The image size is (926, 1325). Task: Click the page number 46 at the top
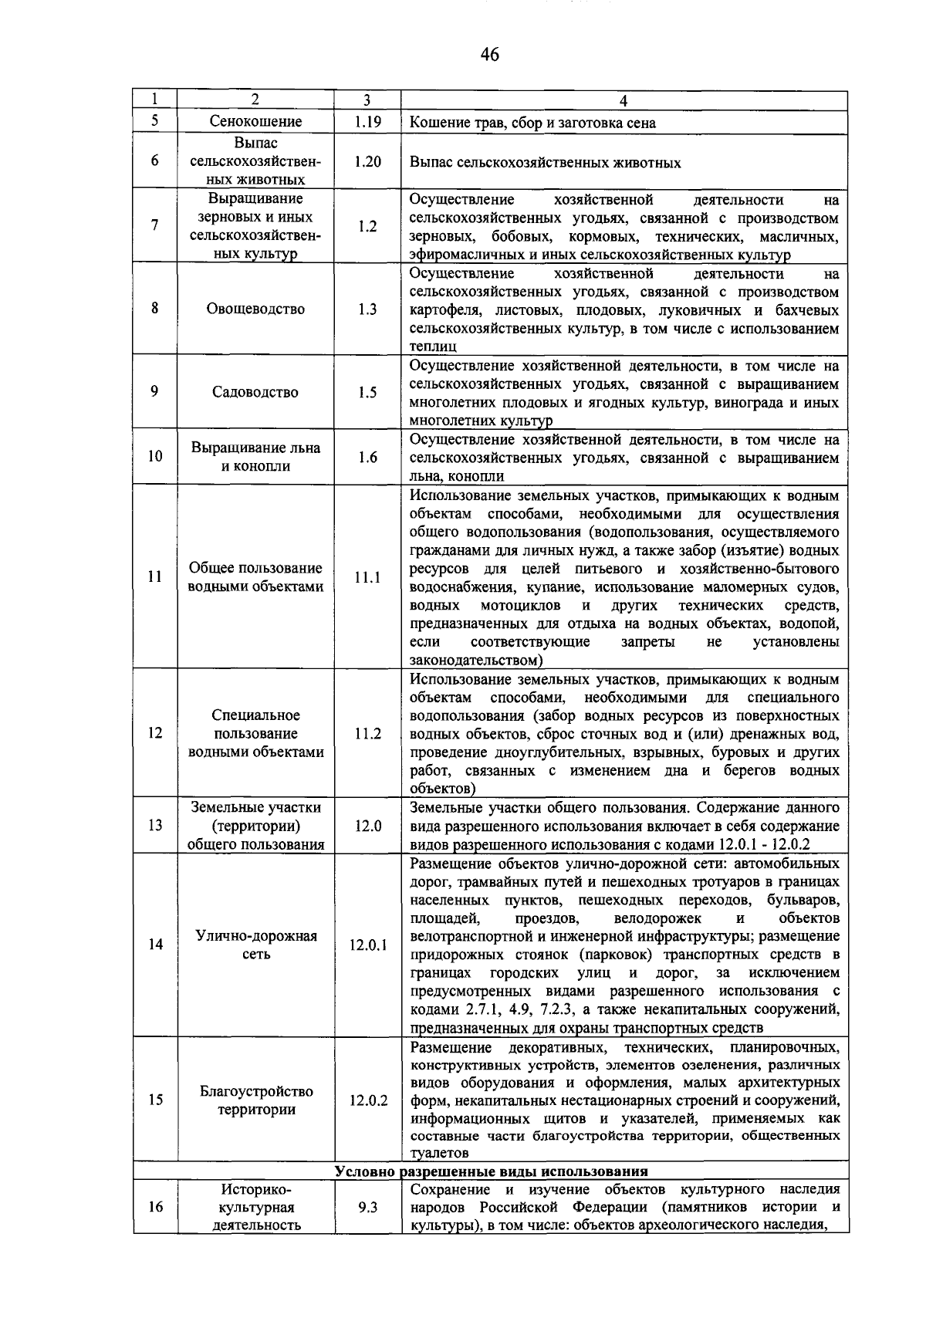(489, 54)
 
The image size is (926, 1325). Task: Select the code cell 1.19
(367, 122)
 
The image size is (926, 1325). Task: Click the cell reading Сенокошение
(256, 122)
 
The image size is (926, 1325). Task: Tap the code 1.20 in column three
(367, 162)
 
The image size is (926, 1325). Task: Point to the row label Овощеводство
(256, 309)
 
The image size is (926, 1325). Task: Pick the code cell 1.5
(367, 392)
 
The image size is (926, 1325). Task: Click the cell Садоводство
(256, 392)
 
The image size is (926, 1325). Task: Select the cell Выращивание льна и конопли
(256, 457)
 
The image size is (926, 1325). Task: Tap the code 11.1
(367, 577)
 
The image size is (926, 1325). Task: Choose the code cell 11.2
(367, 734)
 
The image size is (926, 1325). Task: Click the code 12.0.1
(367, 945)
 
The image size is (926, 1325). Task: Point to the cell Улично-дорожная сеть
(256, 945)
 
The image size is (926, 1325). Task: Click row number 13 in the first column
(155, 826)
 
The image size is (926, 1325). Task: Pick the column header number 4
(624, 100)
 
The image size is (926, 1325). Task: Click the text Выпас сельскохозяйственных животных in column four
(545, 163)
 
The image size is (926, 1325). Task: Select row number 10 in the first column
(155, 457)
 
